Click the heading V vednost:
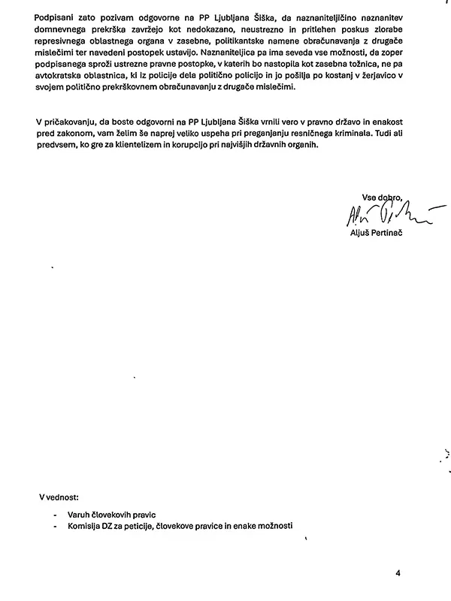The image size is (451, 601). [63, 497]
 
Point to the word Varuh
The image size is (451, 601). [80, 515]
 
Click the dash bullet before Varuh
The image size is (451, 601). [56, 515]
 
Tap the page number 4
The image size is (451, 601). [398, 573]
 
